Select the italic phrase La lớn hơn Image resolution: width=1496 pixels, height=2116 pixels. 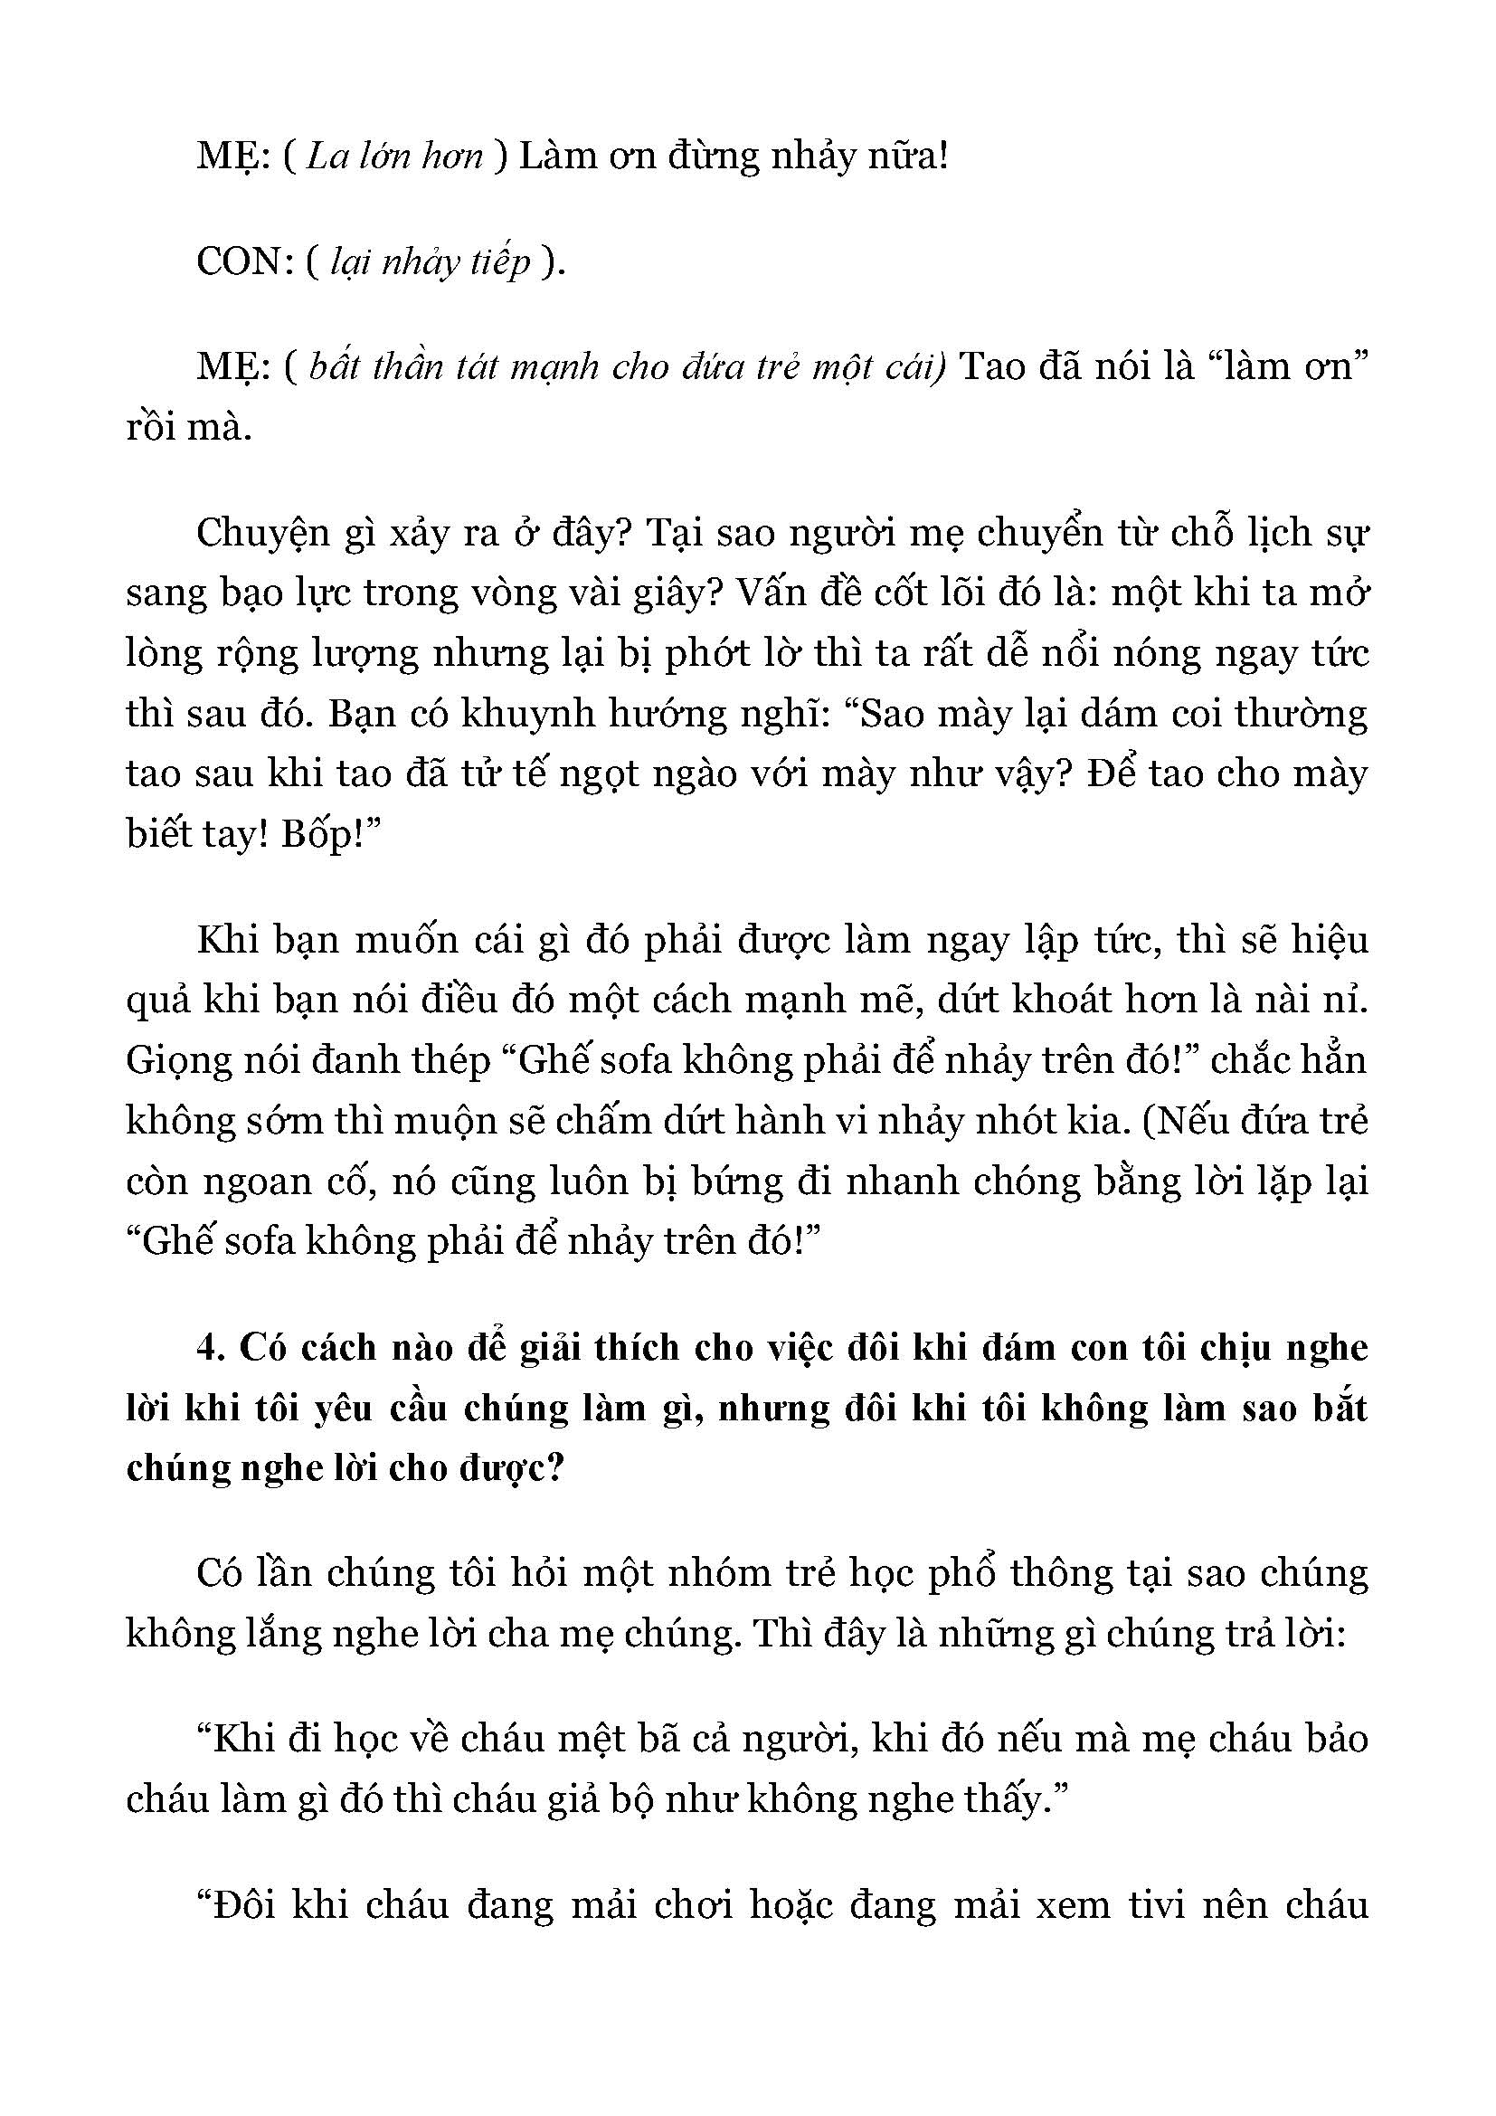coord(394,157)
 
